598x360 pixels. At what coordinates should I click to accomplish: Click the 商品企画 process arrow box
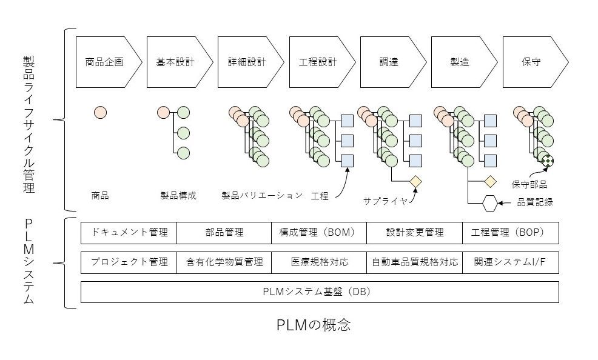coord(104,62)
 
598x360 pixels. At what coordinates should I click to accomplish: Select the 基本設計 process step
coord(175,62)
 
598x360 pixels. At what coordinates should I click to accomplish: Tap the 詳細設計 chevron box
coord(247,62)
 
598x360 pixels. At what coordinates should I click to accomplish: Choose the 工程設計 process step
coord(318,62)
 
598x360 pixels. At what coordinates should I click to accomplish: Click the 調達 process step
coord(389,62)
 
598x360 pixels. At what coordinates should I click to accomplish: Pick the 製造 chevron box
coord(460,62)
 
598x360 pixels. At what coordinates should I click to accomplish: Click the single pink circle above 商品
coord(101,112)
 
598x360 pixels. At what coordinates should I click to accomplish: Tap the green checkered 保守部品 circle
coord(548,161)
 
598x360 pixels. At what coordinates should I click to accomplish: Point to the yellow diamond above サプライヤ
coord(415,181)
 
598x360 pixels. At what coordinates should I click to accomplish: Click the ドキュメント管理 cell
coord(129,233)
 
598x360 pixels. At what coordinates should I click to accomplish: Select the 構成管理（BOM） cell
coord(320,233)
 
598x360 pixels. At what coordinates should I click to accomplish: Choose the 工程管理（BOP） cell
coord(510,233)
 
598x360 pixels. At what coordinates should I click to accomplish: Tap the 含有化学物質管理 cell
coord(224,262)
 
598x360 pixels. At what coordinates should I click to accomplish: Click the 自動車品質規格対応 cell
coord(415,262)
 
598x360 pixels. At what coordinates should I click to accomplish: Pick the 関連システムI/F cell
coord(510,262)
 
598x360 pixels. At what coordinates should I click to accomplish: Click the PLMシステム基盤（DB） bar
coord(320,292)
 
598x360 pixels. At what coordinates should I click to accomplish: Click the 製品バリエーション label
coord(262,196)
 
